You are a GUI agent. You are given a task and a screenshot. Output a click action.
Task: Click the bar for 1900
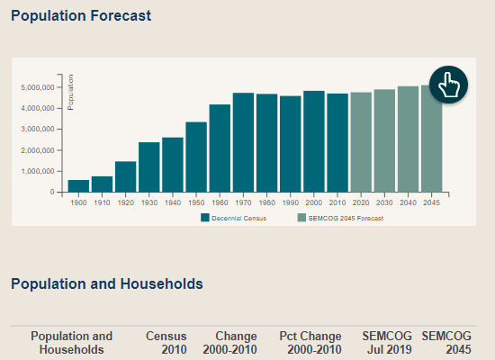[x=78, y=186]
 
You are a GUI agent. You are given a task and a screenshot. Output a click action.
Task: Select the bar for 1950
[x=196, y=157]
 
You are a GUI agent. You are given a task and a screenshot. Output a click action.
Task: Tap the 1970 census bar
[x=243, y=142]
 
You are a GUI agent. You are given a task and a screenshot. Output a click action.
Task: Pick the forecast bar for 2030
[x=384, y=140]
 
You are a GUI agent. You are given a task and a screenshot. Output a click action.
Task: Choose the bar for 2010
[x=337, y=143]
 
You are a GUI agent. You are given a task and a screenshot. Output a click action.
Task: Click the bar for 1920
[x=126, y=176]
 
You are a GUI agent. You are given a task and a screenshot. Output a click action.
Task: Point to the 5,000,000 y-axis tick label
[x=38, y=87]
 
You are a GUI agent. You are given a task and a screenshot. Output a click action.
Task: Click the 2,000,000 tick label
[x=38, y=150]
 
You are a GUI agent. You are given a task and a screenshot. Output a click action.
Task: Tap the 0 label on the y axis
[x=52, y=192]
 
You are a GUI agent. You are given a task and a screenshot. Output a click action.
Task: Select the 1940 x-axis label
[x=173, y=202]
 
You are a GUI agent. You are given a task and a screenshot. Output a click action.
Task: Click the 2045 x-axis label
[x=431, y=202]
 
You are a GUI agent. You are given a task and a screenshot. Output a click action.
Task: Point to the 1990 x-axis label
[x=291, y=202]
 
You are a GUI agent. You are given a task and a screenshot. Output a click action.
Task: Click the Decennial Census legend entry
[x=234, y=218]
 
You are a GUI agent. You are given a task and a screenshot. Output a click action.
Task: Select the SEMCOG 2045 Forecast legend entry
[x=340, y=218]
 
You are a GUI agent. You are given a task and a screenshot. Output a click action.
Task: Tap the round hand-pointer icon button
[x=448, y=85]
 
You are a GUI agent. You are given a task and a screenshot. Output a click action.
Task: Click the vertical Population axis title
[x=71, y=92]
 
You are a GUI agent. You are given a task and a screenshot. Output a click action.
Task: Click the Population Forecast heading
[x=81, y=16]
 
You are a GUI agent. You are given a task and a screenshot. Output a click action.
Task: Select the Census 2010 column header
[x=166, y=343]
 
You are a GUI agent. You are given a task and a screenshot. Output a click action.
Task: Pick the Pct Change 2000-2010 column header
[x=310, y=343]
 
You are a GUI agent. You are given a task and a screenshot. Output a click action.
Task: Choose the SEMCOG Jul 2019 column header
[x=387, y=343]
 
